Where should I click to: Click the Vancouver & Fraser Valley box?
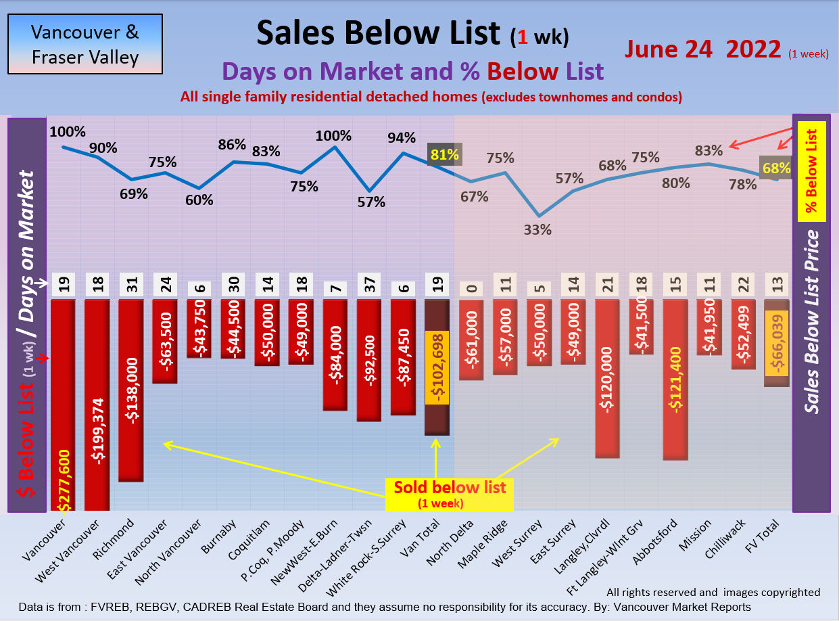tap(85, 45)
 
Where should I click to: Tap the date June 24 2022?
tap(703, 49)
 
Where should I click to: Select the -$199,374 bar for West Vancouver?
tap(97, 406)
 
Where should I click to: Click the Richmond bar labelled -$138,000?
tap(130, 390)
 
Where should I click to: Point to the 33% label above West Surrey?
tap(537, 229)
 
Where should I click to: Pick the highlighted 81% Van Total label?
tap(444, 155)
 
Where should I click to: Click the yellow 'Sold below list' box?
tap(449, 494)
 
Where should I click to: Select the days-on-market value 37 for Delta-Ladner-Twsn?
tap(369, 285)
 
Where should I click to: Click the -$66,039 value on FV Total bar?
tap(776, 344)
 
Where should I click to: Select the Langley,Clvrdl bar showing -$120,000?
tap(606, 379)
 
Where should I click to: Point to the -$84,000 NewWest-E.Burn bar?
tap(335, 354)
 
